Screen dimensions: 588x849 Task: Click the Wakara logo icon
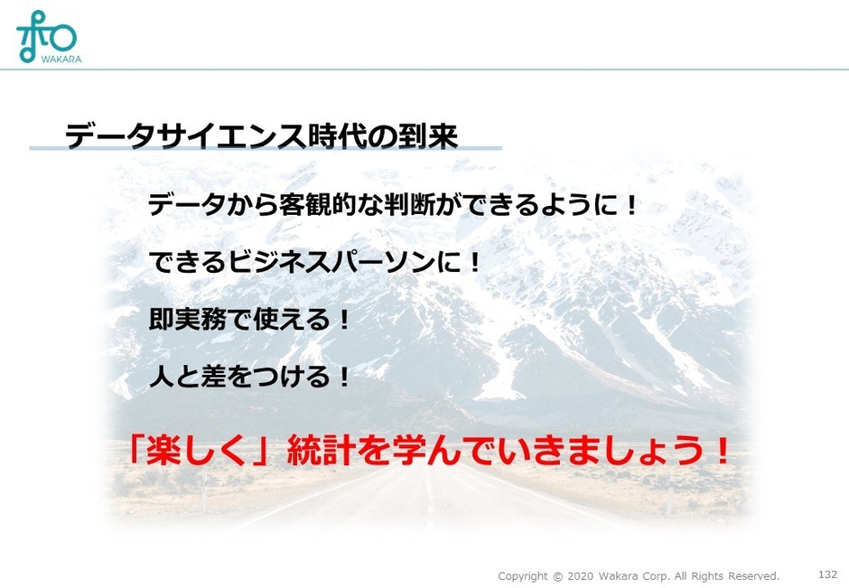(x=46, y=33)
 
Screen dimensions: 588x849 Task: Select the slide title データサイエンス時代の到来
(x=261, y=136)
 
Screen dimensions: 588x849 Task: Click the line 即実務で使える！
(x=249, y=320)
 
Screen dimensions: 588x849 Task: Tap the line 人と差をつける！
(x=249, y=376)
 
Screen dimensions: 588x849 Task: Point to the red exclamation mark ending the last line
(x=720, y=451)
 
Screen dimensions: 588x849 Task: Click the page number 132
(x=827, y=574)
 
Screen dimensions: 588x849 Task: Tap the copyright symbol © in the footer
(x=557, y=576)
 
